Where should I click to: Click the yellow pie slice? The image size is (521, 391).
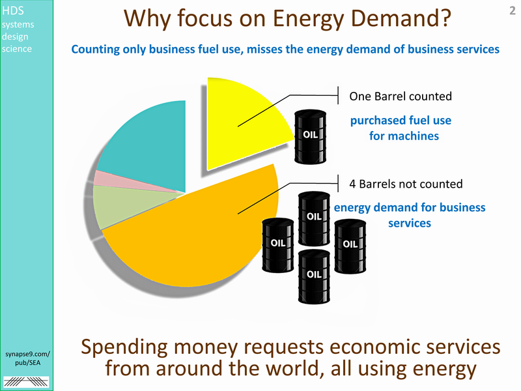tap(242, 123)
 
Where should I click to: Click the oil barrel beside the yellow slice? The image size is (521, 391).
tap(311, 137)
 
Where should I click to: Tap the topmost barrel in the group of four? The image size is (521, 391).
tap(314, 218)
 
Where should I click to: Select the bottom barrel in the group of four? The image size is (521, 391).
tap(314, 276)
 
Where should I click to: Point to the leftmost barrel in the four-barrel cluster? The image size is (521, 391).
tap(278, 246)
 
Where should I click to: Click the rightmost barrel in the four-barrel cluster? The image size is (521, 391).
tap(350, 246)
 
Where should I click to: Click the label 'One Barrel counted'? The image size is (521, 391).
tap(401, 96)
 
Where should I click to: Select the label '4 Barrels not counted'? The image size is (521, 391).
tap(406, 184)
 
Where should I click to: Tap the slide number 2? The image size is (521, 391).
tap(513, 10)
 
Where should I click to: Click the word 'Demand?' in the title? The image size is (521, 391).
tap(401, 19)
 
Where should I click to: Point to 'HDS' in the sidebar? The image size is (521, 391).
tap(12, 10)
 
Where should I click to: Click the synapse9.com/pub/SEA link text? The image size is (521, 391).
tap(27, 358)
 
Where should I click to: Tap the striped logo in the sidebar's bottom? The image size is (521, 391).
tap(26, 382)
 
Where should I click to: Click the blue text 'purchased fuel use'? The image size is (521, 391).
tap(401, 121)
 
